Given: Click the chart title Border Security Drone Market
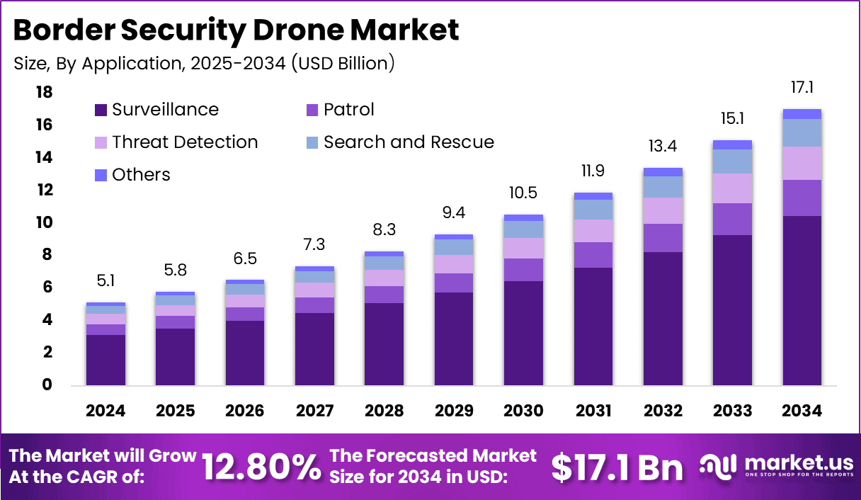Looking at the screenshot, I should (x=236, y=30).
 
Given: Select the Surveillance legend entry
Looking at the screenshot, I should (x=156, y=110).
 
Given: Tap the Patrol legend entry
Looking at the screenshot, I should (x=339, y=110).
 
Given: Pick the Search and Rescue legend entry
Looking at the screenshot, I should (x=399, y=142).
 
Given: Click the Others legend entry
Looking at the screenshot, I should (x=132, y=175).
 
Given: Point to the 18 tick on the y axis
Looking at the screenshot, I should (x=44, y=93).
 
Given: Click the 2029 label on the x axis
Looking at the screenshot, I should (x=454, y=411).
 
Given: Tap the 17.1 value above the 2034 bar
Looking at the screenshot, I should (x=802, y=89).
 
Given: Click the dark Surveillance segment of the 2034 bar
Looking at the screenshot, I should (x=802, y=300).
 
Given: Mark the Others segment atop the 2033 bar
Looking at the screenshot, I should (x=732, y=144).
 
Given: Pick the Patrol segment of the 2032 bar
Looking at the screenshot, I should (x=663, y=238).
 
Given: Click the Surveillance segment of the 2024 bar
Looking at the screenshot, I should (x=106, y=360).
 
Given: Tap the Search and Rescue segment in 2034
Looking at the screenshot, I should (x=802, y=132).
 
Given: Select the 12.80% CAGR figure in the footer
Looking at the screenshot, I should (x=261, y=467).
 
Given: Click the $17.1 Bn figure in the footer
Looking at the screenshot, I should (x=617, y=467).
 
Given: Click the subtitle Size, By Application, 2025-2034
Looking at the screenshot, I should (x=204, y=63).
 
